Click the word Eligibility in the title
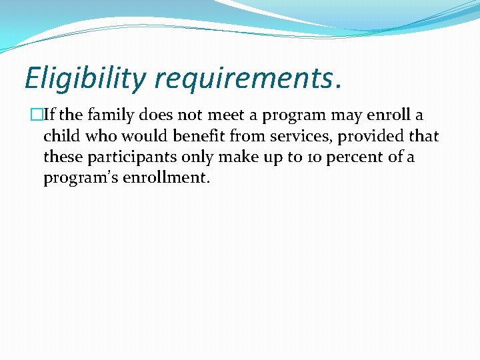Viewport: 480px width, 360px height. (84, 78)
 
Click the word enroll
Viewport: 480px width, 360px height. (385, 115)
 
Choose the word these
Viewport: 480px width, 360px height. (62, 158)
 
